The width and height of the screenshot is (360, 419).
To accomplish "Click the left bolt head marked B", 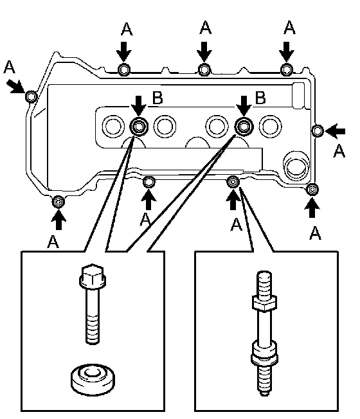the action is [x=139, y=126].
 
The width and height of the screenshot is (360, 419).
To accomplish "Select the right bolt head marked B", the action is [x=244, y=126].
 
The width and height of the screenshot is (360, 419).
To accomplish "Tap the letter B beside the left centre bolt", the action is [x=157, y=98].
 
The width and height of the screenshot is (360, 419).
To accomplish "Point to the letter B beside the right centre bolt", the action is [x=260, y=98].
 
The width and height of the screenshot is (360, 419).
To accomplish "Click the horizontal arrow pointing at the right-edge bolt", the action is [x=335, y=131].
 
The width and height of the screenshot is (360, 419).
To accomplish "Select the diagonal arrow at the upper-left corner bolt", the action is [x=15, y=85].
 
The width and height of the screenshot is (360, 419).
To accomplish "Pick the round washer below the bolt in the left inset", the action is [x=93, y=379].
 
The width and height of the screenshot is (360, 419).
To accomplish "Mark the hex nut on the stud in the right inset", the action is [x=264, y=303].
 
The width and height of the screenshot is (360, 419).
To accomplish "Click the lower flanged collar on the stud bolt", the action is [x=264, y=355].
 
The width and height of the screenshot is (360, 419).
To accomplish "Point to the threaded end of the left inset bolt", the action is [x=93, y=329].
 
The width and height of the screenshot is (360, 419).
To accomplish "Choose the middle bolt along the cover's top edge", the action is [x=204, y=70].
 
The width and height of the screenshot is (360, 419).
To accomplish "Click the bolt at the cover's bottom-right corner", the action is [x=312, y=190].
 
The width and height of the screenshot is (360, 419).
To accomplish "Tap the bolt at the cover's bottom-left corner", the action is [x=59, y=202].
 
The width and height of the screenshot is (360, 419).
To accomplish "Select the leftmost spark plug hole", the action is [x=113, y=126].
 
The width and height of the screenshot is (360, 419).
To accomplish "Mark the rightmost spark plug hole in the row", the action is [x=270, y=126].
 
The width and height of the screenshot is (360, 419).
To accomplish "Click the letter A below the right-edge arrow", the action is [x=339, y=151].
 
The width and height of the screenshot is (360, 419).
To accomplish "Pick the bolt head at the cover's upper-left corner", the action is [x=32, y=96].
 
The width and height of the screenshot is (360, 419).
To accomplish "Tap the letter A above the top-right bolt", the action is [x=289, y=28].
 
